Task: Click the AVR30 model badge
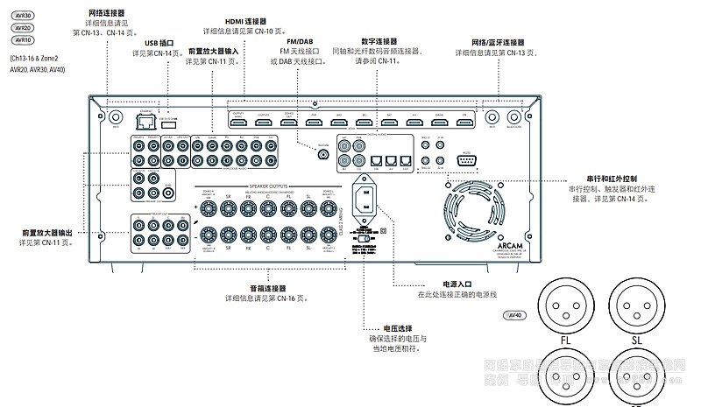coord(22,15)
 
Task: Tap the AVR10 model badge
coord(22,40)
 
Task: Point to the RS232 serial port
coord(464,158)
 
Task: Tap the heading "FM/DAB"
coord(300,41)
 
